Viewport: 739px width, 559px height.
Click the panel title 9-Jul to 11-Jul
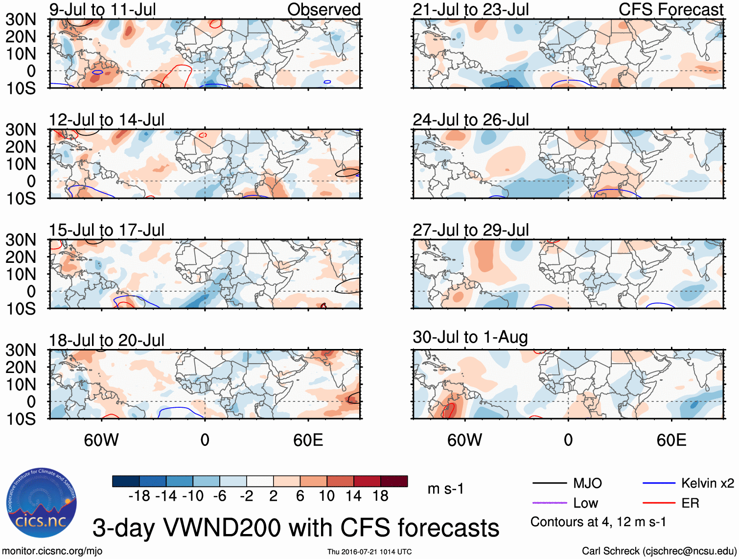tap(103, 9)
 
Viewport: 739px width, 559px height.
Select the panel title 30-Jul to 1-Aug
tap(470, 337)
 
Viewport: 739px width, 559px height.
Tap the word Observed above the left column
tap(323, 9)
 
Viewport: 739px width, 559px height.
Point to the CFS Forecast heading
tap(671, 9)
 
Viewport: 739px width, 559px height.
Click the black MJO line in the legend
tap(549, 484)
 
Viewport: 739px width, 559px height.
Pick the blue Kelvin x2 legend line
tap(659, 484)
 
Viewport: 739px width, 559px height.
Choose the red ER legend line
tap(659, 503)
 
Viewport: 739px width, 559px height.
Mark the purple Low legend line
tap(549, 503)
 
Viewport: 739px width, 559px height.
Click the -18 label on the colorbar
tap(139, 496)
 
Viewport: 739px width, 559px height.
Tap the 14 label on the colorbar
tap(353, 496)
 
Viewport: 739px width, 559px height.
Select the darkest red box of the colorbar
tap(394, 481)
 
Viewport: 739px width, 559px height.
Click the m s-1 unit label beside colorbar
tap(445, 489)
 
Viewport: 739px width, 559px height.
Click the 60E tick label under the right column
tap(671, 440)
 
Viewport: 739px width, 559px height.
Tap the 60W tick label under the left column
tap(101, 440)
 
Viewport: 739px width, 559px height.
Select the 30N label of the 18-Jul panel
tap(21, 350)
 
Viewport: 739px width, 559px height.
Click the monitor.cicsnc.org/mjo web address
tap(52, 551)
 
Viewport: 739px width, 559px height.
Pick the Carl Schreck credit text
tap(659, 551)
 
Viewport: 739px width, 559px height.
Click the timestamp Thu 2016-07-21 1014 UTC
tap(369, 552)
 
